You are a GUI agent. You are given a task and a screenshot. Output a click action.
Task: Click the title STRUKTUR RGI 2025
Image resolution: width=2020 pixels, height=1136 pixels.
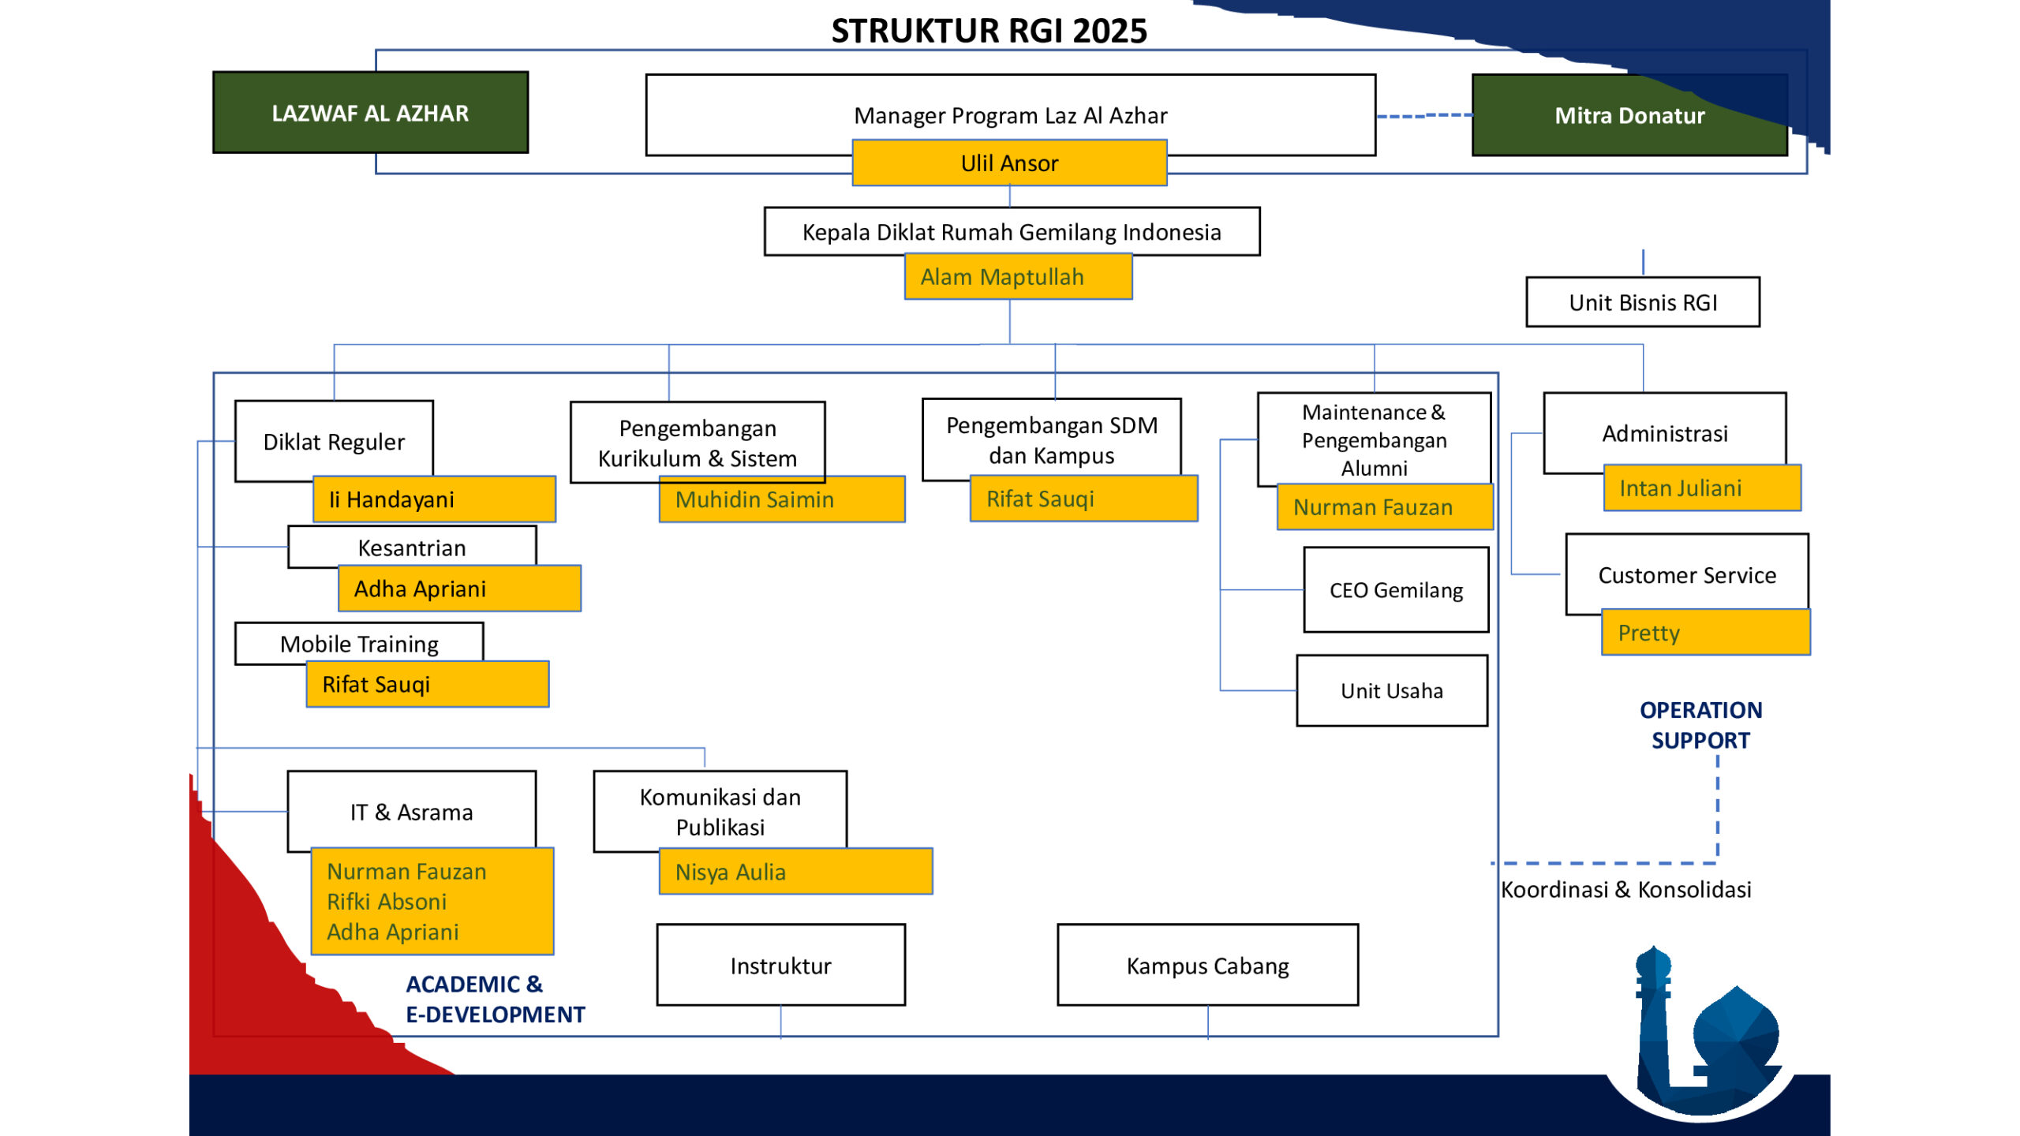(x=989, y=32)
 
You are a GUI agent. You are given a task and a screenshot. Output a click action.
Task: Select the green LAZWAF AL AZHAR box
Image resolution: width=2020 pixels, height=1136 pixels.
(x=370, y=113)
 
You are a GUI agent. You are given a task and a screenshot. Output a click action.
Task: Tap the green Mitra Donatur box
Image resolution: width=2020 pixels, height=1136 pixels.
(x=1629, y=116)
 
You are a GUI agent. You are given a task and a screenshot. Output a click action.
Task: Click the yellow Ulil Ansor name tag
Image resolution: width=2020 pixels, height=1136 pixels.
(x=1009, y=163)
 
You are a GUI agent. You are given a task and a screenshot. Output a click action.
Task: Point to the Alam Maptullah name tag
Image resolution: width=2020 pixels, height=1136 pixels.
(x=1018, y=277)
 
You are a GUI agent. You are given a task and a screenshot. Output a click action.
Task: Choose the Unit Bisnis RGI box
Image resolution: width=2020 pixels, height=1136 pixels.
(x=1642, y=302)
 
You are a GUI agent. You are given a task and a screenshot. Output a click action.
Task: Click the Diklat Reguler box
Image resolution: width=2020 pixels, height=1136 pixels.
(x=334, y=441)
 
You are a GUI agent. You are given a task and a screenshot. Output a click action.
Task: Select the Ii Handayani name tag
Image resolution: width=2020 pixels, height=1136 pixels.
(x=434, y=499)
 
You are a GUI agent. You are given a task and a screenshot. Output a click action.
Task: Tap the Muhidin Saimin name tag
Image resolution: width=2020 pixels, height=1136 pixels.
(x=781, y=499)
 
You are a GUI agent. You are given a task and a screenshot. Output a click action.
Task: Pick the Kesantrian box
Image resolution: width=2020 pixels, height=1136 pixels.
(x=411, y=547)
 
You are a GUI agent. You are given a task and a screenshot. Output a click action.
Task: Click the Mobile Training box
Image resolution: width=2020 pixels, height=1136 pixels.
(x=359, y=643)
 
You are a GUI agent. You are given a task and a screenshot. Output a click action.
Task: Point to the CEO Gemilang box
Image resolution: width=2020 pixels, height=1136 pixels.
(x=1395, y=590)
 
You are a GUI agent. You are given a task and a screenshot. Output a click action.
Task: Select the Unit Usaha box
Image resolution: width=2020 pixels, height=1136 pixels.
(x=1391, y=691)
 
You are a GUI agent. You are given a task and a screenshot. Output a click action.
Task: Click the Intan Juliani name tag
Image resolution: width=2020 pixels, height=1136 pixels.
(x=1701, y=488)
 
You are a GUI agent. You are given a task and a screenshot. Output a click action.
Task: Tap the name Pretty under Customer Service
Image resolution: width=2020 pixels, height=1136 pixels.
(x=1648, y=633)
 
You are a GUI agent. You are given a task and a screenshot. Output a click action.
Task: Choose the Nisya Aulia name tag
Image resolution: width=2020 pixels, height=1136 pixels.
(x=795, y=872)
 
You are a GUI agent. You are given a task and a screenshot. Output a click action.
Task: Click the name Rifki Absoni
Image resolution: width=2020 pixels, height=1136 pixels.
(x=387, y=902)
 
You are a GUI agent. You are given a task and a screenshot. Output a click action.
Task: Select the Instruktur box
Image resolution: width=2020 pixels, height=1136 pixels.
(x=780, y=966)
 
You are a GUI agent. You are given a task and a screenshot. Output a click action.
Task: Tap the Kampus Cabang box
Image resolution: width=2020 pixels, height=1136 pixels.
(x=1207, y=966)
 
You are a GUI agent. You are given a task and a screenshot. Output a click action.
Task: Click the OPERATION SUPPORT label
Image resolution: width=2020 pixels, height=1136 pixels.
(x=1700, y=725)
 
